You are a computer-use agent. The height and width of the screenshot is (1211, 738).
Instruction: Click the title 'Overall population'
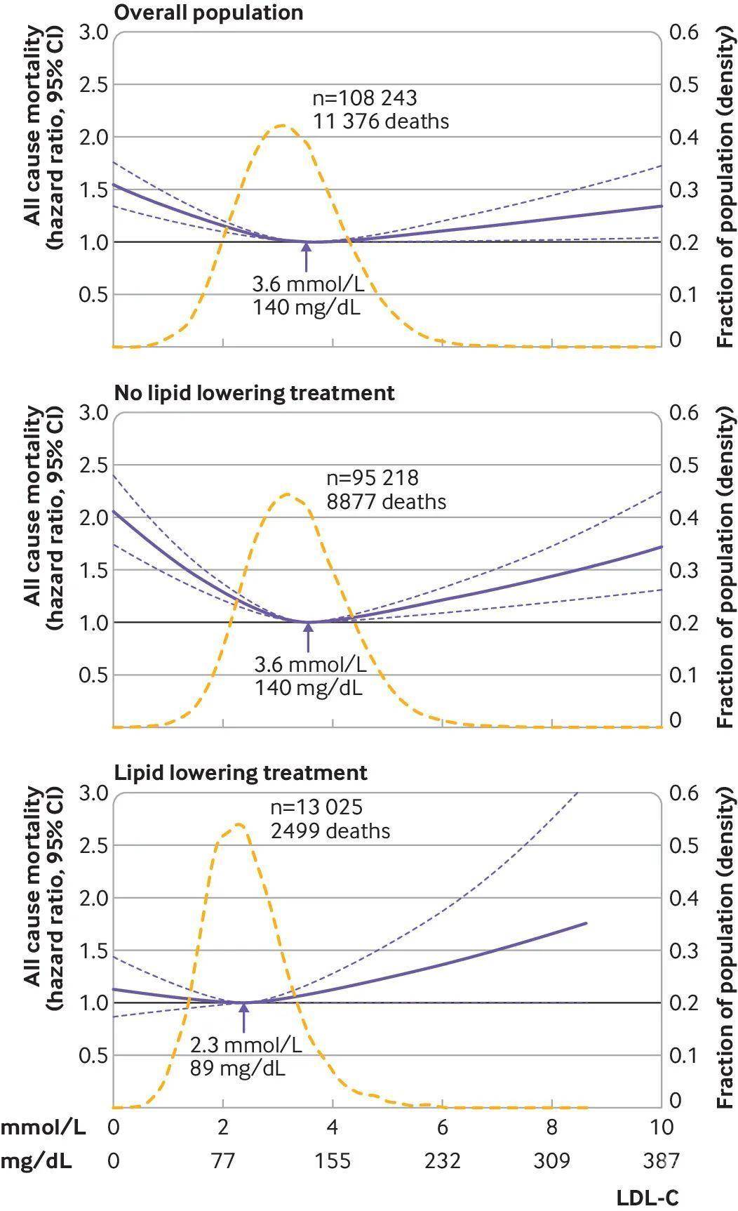(208, 13)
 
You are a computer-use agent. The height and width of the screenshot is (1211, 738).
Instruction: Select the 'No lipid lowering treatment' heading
(254, 392)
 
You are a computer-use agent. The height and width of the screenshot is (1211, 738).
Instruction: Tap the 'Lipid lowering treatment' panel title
(241, 773)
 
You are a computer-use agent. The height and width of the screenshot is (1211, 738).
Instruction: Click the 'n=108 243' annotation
(365, 98)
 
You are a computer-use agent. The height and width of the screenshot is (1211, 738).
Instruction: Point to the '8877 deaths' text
(387, 502)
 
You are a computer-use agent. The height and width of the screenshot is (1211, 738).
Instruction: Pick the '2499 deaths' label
(330, 831)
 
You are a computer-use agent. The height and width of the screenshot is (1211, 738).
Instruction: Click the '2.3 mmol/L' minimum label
(246, 1045)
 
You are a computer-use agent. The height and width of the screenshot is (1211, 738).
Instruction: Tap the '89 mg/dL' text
(237, 1069)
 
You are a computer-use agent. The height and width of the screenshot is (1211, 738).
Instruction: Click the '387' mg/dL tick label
(661, 1160)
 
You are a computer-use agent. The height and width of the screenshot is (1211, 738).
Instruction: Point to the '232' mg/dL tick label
(442, 1160)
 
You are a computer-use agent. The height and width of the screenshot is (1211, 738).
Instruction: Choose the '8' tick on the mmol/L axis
(552, 1127)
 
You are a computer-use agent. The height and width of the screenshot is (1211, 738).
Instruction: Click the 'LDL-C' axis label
(648, 1198)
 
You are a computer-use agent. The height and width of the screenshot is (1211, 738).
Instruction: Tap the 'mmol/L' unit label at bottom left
(43, 1127)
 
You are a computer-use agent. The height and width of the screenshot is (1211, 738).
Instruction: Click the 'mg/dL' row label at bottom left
(36, 1161)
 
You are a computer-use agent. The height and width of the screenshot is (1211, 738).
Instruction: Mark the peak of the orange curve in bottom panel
(239, 824)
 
